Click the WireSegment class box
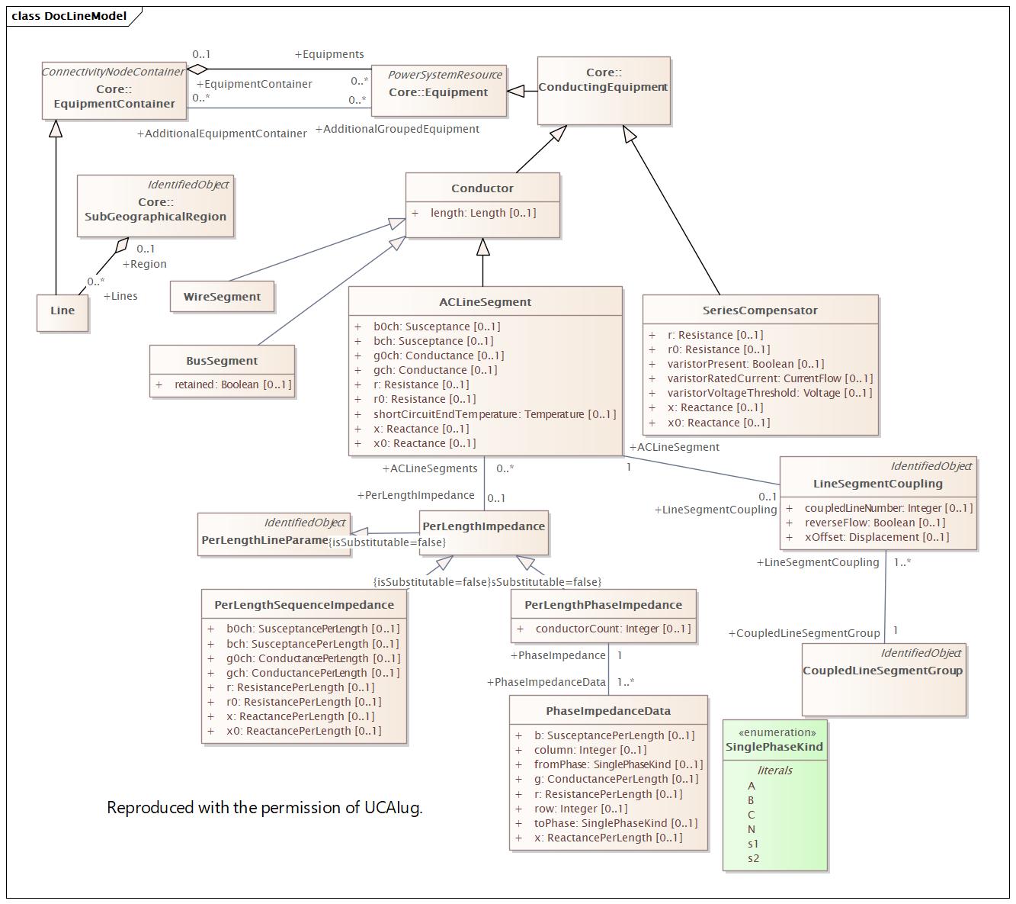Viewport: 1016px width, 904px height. click(222, 297)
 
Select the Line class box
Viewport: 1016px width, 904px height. click(62, 310)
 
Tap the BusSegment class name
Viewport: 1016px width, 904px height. click(222, 361)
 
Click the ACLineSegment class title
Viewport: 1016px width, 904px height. click(485, 302)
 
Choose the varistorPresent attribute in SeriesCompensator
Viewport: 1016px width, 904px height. click(745, 364)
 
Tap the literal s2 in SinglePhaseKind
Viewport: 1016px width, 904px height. click(753, 858)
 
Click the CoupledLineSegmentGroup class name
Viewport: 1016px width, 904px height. click(883, 671)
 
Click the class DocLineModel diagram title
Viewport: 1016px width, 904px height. click(69, 16)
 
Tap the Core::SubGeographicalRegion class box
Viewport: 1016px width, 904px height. click(155, 209)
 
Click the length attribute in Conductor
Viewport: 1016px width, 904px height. click(482, 213)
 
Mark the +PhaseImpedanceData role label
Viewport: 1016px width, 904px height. click(546, 682)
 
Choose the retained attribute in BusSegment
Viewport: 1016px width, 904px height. click(232, 384)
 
